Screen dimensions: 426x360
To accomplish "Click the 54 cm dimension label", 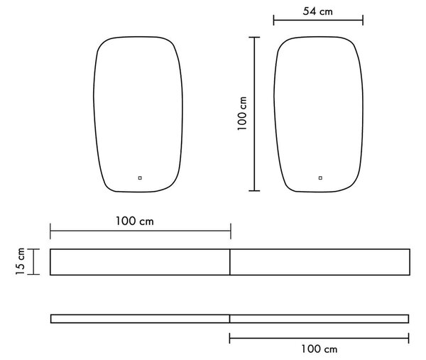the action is tap(317, 11).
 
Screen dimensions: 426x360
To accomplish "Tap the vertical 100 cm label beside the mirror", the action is tap(242, 114).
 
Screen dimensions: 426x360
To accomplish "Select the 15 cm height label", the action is tap(20, 261).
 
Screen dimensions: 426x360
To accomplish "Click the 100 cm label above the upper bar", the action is tap(135, 221).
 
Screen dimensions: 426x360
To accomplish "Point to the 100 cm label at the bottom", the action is tap(319, 349).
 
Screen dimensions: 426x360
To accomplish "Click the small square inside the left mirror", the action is tap(140, 178).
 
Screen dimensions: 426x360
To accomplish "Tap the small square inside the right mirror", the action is tap(320, 178).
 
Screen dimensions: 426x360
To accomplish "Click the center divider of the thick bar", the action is tap(230, 262).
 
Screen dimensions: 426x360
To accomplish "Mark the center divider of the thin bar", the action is tap(229, 319).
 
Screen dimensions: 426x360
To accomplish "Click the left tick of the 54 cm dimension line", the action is tap(273, 21).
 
